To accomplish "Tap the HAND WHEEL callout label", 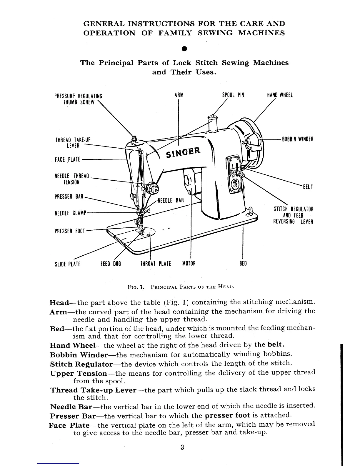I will point(280,95).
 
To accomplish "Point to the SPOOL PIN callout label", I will point(233,95).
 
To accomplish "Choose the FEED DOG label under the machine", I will point(111,264).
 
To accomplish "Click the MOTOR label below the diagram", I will point(189,264).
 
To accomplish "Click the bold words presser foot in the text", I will point(227,415).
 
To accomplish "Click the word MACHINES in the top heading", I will point(261,33).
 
